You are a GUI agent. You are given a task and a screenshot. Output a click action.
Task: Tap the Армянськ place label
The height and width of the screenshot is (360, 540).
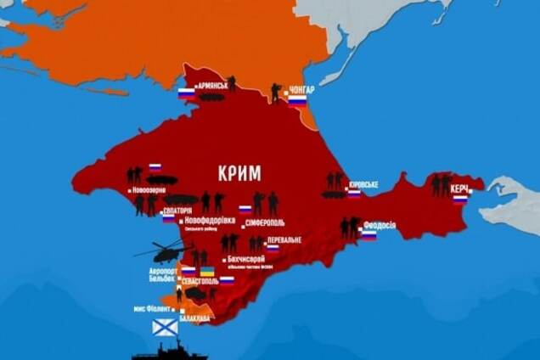point(212,87)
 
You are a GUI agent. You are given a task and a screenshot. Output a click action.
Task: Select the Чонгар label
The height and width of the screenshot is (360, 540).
point(301,88)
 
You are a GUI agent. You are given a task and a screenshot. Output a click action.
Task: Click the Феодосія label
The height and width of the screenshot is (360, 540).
point(379,225)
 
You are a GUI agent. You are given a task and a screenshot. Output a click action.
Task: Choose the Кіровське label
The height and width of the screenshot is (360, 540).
point(363,184)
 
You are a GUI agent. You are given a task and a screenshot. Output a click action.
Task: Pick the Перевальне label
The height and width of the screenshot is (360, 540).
point(284,240)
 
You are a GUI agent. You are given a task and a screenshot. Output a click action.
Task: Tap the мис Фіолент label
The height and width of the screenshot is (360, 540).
point(153,309)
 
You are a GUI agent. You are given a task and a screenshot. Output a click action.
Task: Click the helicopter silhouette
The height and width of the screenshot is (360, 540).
point(161,252)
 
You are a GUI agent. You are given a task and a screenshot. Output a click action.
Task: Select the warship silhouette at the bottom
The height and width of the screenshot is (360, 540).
point(170,350)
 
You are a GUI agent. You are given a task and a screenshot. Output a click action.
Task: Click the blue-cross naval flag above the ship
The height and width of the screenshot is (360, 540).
point(165,327)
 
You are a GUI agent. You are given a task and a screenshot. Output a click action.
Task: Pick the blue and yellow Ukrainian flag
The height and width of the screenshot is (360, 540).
point(206,273)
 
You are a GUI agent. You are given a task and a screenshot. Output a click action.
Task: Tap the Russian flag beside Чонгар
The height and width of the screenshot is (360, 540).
point(297,100)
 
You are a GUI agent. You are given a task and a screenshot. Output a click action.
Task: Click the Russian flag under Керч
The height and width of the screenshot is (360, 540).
point(459,200)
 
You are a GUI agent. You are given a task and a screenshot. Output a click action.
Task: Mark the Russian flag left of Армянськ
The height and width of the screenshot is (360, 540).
point(187,93)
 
